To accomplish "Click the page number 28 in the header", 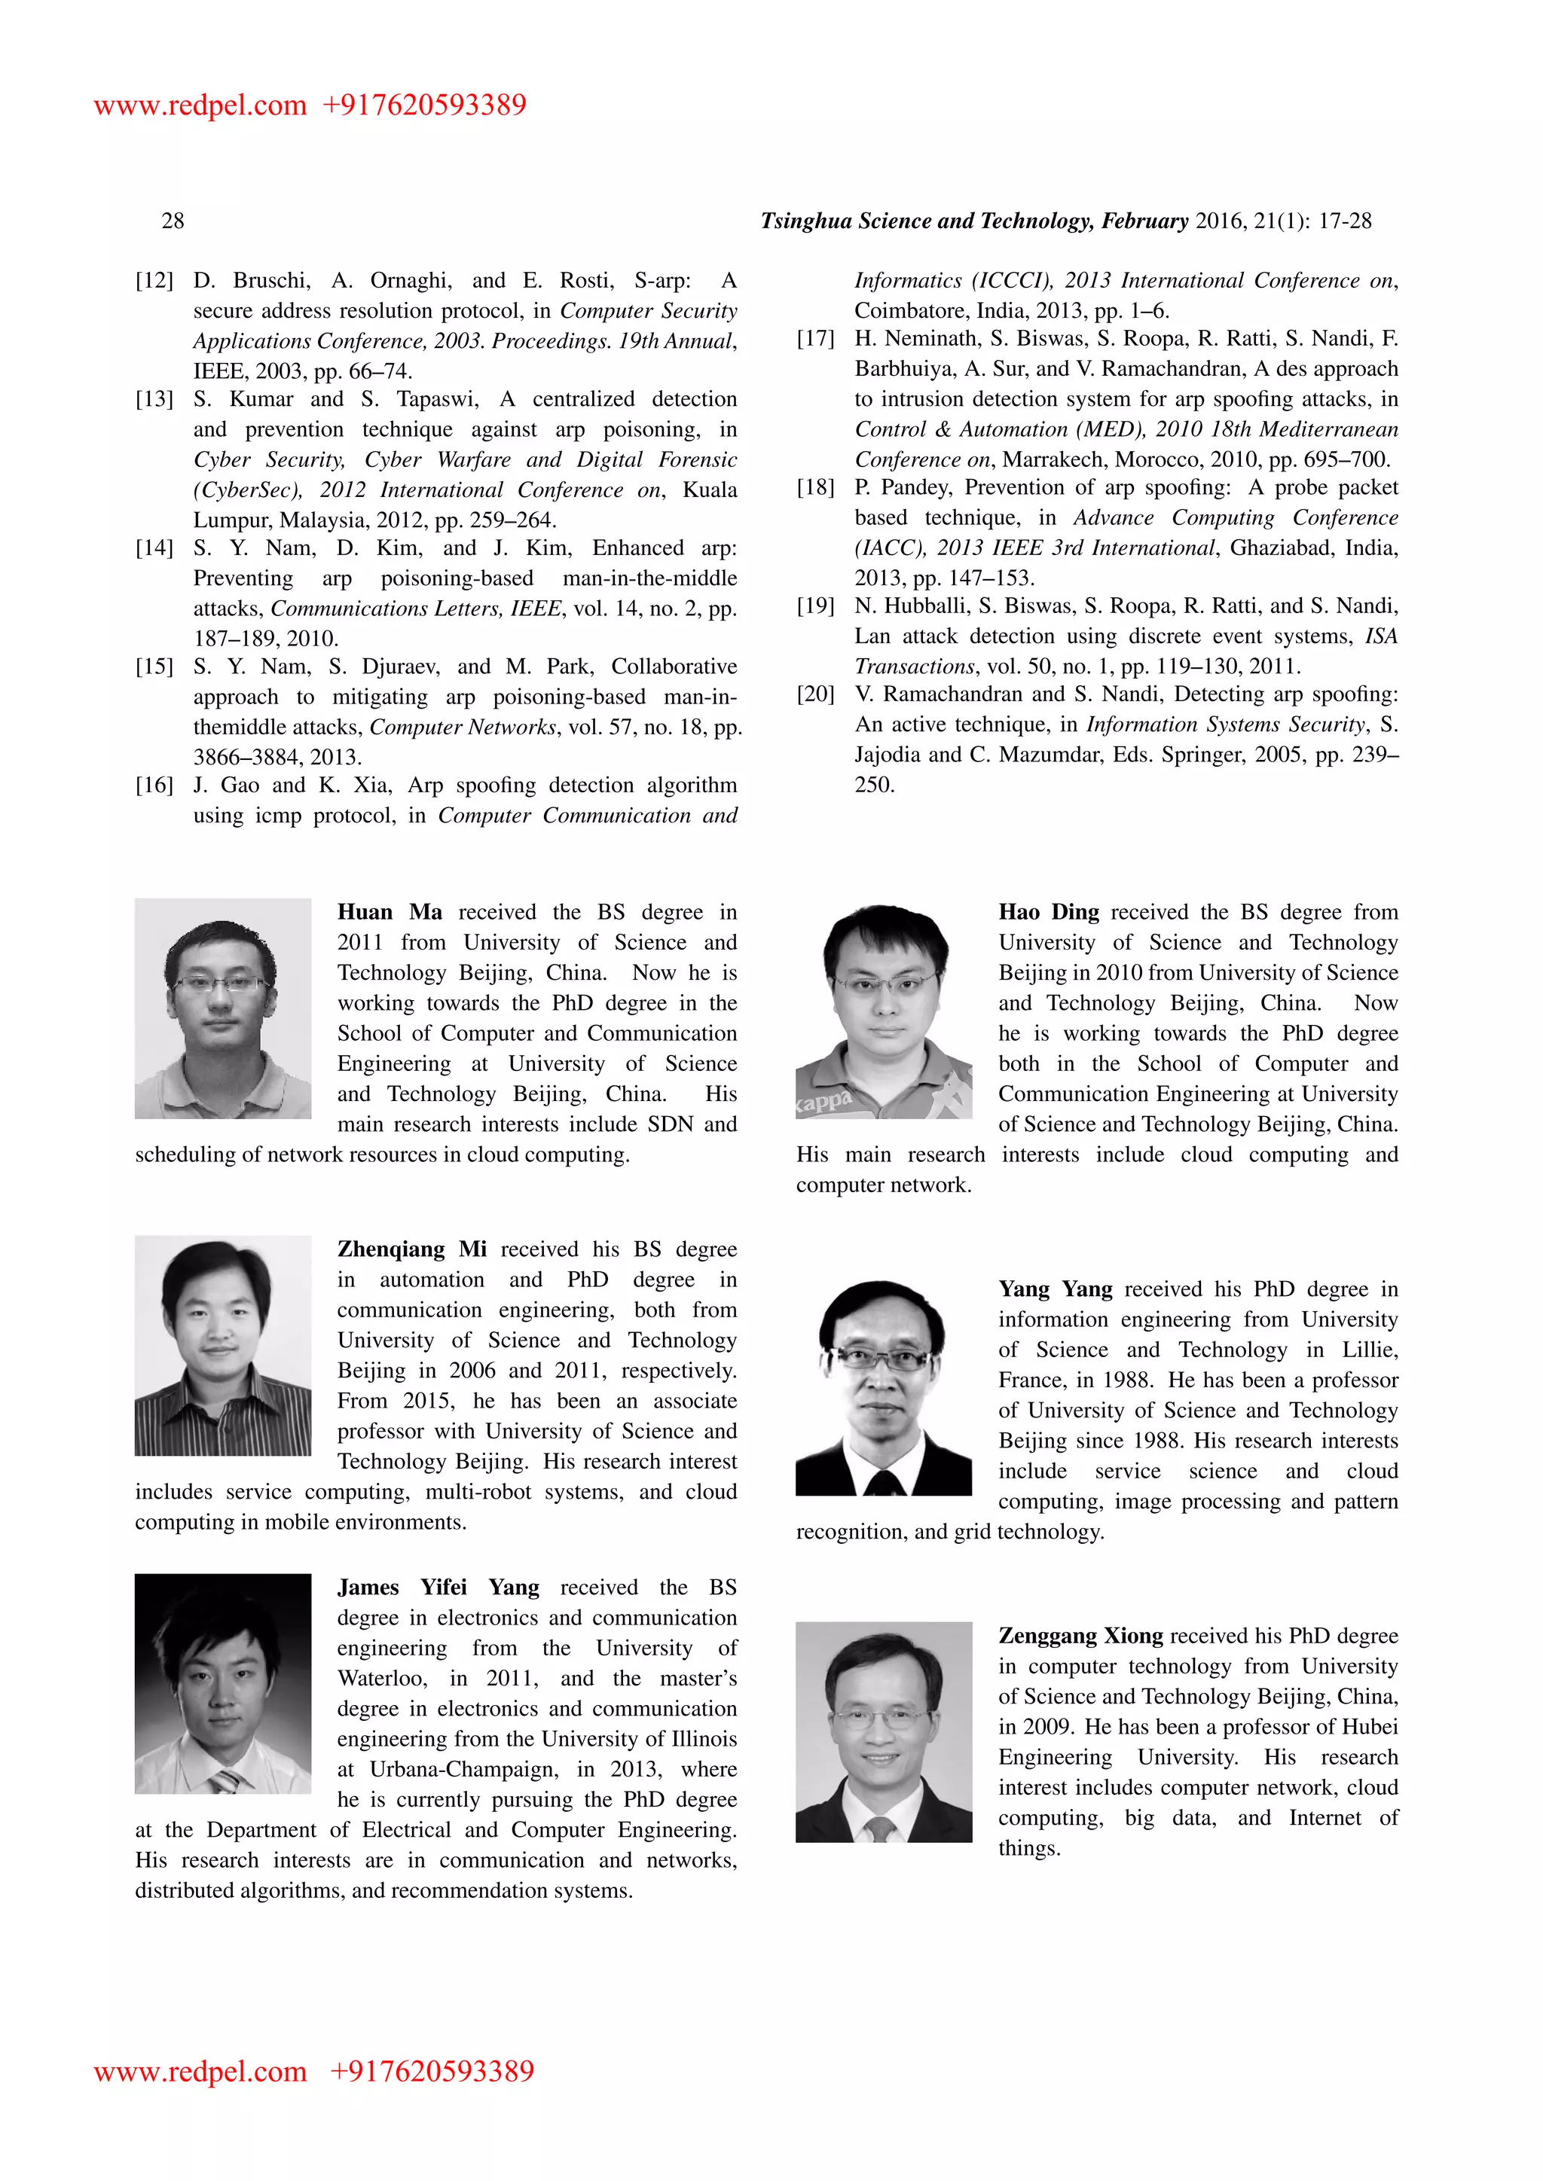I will [x=173, y=221].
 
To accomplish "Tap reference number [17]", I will [x=815, y=339].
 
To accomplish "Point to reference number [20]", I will [x=815, y=694].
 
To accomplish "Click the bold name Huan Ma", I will [x=390, y=912].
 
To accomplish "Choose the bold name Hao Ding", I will [x=1048, y=912].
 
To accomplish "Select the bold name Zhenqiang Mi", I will [x=411, y=1249].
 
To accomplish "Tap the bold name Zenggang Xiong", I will [x=1080, y=1636].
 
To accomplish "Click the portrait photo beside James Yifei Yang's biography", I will [x=223, y=1683].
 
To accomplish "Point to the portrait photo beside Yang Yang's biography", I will [x=884, y=1388].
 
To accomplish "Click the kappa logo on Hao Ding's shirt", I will [x=825, y=1102].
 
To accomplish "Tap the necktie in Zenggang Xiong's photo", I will [x=880, y=1828].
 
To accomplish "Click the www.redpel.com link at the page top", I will [x=200, y=105].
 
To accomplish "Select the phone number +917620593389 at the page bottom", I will [x=432, y=2072].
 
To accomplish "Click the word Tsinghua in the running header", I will [x=805, y=221].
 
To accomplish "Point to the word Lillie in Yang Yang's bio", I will [x=1369, y=1350].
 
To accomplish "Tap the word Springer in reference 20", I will [x=1198, y=755].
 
